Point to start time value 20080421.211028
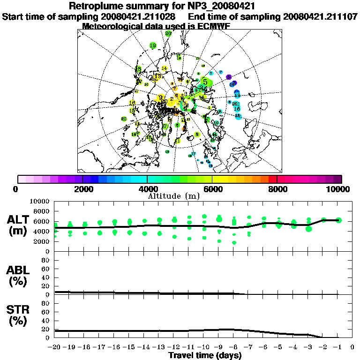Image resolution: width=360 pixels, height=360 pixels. (x=139, y=16)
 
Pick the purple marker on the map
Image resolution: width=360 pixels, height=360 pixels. (x=229, y=77)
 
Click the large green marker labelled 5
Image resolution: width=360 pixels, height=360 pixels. (x=205, y=82)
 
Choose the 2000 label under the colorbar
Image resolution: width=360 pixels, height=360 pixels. (x=82, y=189)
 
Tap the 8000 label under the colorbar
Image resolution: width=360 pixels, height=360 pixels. (x=277, y=189)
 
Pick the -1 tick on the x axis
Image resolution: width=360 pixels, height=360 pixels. (x=338, y=347)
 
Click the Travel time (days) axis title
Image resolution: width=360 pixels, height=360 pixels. (x=205, y=356)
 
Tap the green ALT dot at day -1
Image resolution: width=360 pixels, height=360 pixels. (x=338, y=220)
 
